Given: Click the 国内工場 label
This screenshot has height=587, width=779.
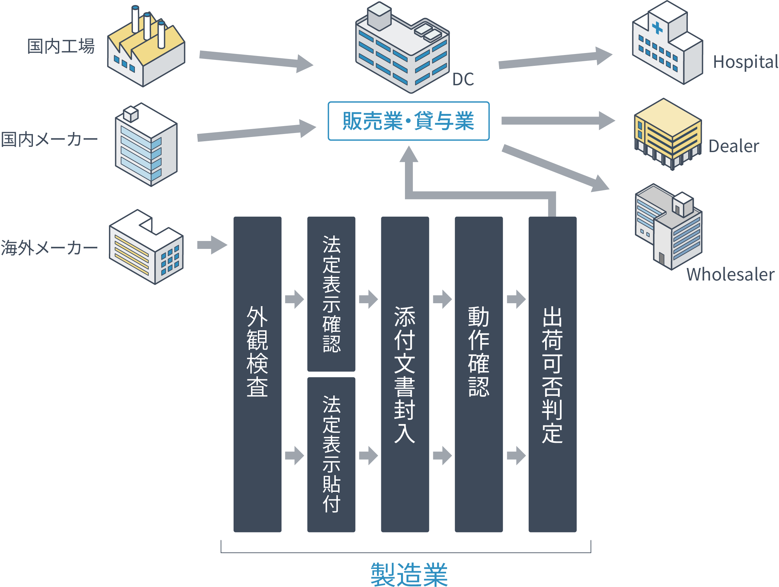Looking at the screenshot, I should pos(61,46).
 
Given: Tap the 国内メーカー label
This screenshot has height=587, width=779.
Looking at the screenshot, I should pos(49,140).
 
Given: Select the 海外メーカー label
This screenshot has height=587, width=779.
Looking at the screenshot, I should pos(49,248).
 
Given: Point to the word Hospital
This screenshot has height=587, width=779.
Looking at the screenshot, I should pos(745,62).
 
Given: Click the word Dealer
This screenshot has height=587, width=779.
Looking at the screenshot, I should pos(734,146).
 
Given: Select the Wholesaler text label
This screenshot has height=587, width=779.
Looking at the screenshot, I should pos(730,275).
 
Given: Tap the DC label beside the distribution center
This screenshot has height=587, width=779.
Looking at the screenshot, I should pos(463,80).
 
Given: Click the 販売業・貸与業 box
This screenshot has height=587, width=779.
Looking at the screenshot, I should pos(409,121).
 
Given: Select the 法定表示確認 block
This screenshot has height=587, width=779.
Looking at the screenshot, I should pos(331,294).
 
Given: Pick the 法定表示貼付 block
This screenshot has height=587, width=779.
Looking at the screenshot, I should pos(331,454).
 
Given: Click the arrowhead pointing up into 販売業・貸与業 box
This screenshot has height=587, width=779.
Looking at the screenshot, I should pos(409,155).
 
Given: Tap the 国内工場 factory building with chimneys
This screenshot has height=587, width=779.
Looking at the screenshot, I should pos(146,49).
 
